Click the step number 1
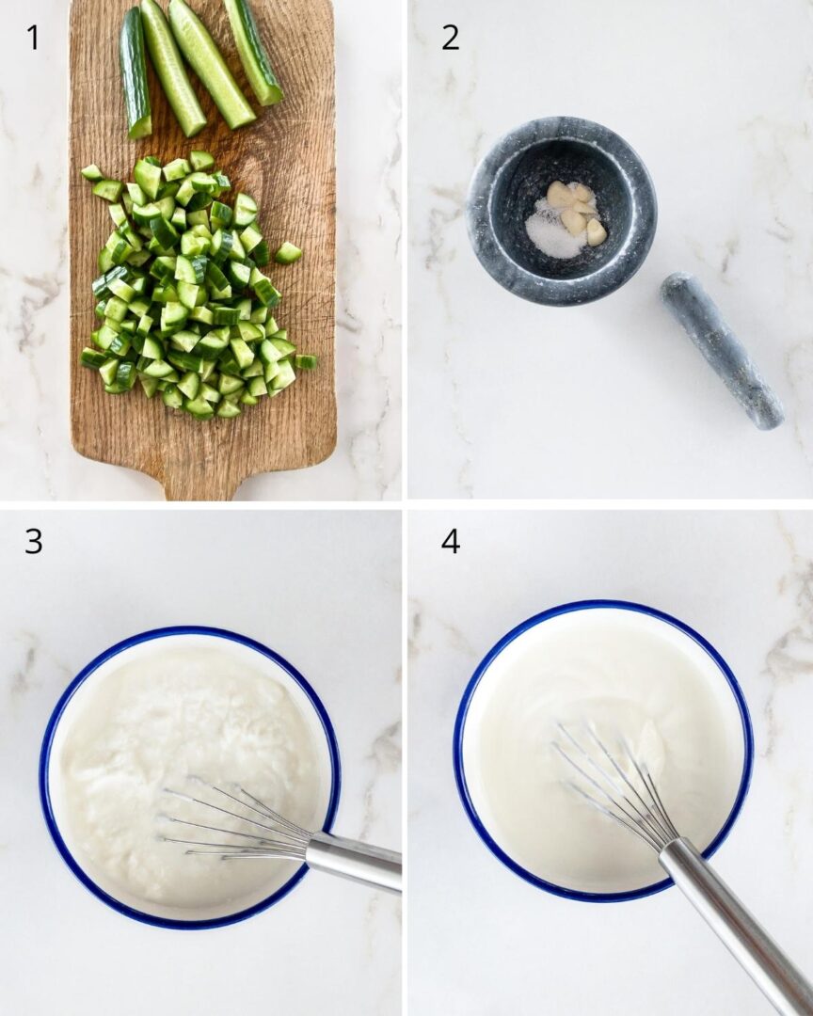33,37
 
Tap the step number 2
450,37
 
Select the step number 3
33,541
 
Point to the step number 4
450,541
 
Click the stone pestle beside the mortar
721,349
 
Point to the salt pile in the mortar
553,235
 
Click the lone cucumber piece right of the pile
288,252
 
